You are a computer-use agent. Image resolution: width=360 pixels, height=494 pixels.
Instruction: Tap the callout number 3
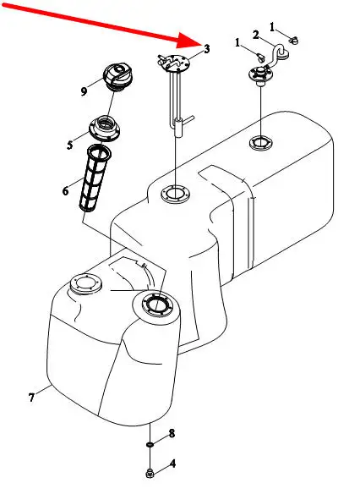(207, 49)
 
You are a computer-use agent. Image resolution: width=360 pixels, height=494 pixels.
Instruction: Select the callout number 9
(84, 91)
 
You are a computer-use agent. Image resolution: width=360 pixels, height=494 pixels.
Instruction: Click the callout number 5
(70, 145)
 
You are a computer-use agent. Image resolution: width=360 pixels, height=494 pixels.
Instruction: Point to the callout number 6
(65, 191)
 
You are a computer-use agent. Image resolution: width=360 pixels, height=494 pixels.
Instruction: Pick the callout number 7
(31, 398)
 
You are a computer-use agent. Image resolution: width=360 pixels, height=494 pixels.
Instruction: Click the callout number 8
(172, 433)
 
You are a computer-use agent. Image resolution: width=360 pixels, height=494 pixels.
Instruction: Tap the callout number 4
(172, 464)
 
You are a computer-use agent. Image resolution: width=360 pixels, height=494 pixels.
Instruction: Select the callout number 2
(256, 35)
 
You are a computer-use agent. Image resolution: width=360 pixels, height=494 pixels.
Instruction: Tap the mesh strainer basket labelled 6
(95, 178)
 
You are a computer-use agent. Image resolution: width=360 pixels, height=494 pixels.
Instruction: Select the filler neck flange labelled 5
(105, 129)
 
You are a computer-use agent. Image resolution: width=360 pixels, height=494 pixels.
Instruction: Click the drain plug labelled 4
(150, 473)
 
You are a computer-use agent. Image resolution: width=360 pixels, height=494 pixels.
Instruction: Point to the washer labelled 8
(150, 444)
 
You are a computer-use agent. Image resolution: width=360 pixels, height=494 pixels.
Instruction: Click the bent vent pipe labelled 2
(276, 55)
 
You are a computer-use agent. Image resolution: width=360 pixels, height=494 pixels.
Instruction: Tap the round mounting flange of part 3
(174, 63)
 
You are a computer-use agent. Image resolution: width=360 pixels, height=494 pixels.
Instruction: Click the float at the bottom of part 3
(178, 128)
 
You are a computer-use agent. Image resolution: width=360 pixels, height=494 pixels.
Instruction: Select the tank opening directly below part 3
(175, 194)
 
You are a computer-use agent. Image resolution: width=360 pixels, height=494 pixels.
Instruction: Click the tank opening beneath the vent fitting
(261, 143)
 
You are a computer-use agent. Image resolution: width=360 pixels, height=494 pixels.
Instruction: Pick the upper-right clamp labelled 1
(294, 41)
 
